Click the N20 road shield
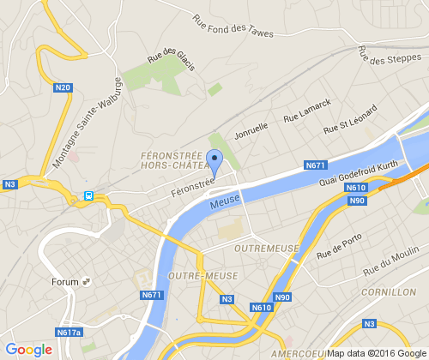(63, 87)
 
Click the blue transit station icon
(88, 195)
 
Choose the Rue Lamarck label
(306, 109)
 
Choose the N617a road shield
(67, 332)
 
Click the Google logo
(28, 349)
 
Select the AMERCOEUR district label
(296, 353)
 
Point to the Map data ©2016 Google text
(376, 353)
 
